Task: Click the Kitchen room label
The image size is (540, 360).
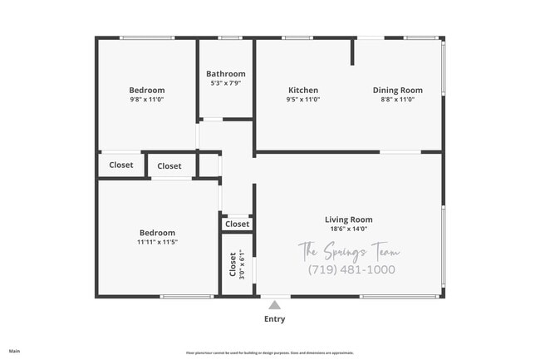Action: (x=303, y=91)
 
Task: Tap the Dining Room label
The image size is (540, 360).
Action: (x=397, y=91)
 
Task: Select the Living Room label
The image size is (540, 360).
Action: (x=348, y=219)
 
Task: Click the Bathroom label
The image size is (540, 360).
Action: (x=226, y=74)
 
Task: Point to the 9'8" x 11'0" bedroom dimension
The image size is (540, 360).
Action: (x=147, y=100)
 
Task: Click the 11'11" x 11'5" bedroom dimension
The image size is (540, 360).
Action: (x=157, y=242)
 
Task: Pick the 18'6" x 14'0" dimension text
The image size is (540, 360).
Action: (x=348, y=229)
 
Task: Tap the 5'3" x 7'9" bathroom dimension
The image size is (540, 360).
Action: (x=226, y=83)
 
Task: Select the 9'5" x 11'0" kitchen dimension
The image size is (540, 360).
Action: (x=303, y=100)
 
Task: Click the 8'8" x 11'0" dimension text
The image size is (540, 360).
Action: (x=397, y=100)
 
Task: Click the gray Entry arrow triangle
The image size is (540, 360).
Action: (x=274, y=305)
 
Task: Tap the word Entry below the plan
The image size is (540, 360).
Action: (x=274, y=319)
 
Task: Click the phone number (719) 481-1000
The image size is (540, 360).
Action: (x=351, y=269)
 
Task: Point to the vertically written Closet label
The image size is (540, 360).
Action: (x=233, y=264)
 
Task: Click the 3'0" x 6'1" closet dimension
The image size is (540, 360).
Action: (x=242, y=264)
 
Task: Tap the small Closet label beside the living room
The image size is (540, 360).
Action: (x=237, y=224)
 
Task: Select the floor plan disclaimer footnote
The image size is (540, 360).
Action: (x=270, y=353)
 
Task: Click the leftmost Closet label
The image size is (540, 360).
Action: (x=121, y=165)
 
